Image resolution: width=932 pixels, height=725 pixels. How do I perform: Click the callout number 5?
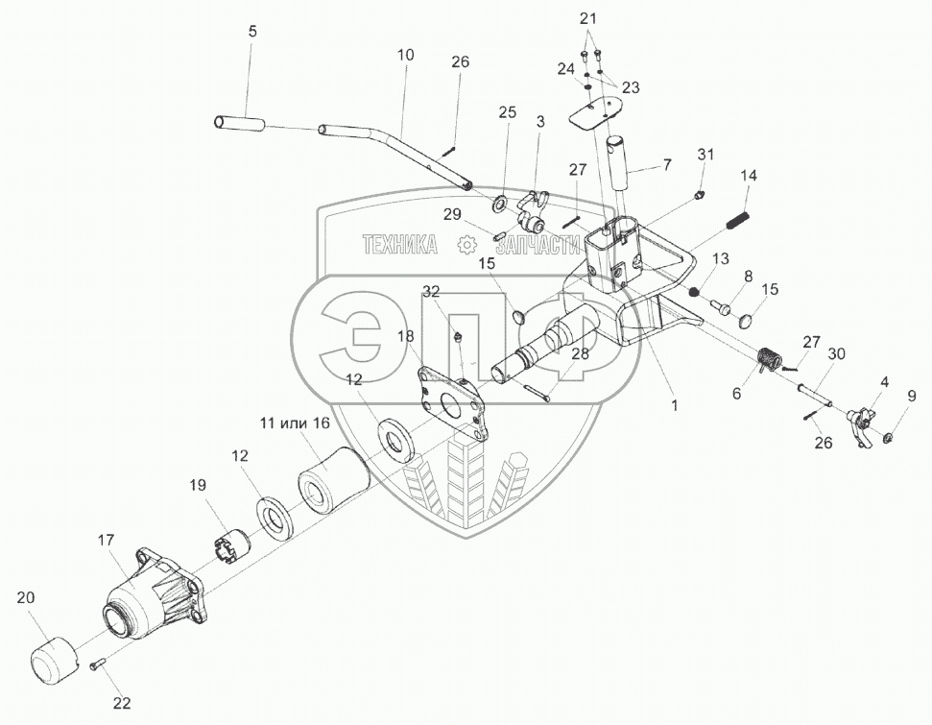tap(252, 32)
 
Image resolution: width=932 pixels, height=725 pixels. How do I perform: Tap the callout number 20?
tap(25, 598)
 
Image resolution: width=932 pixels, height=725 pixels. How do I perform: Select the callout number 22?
tap(122, 703)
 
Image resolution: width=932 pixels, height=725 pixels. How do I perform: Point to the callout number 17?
tap(106, 541)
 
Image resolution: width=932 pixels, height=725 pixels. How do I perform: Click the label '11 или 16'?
tap(294, 422)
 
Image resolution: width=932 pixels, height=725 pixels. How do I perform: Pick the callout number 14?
tap(748, 176)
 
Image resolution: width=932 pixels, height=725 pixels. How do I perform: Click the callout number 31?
tap(705, 155)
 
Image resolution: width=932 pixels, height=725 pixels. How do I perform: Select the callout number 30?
tap(836, 353)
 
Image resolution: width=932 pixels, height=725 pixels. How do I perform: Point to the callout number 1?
tap(675, 406)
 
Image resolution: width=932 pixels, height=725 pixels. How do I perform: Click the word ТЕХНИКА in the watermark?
tap(399, 246)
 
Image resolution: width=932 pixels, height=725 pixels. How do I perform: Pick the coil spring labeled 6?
tap(768, 362)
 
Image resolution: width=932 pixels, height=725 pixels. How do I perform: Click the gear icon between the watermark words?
tap(467, 245)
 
